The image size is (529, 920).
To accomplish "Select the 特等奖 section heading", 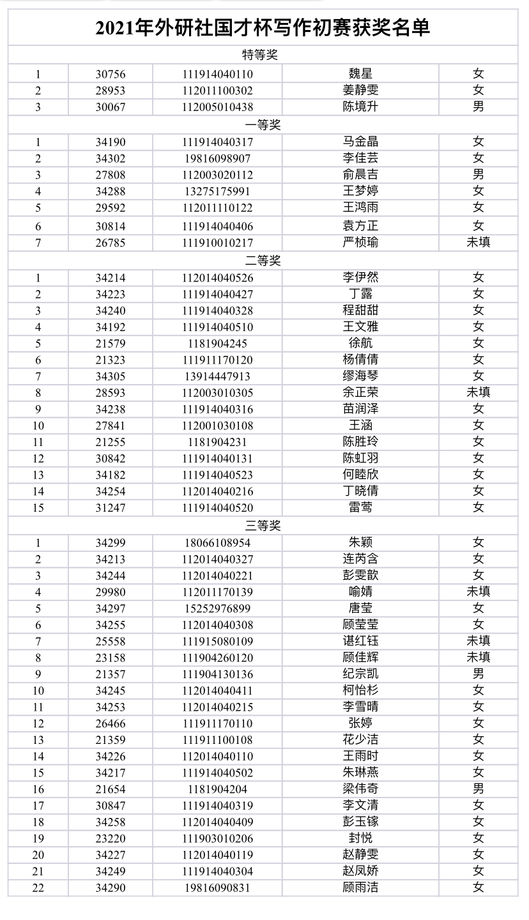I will point(263,56).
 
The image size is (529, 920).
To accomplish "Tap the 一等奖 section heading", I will point(263,125).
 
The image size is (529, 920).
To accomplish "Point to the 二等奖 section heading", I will point(263,260).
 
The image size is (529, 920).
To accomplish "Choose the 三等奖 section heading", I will point(263,526).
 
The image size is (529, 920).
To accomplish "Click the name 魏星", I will point(360,74).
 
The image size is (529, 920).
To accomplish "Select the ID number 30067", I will point(111,107).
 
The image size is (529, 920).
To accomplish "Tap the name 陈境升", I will point(360,107).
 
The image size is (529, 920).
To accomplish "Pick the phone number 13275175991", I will point(217,191).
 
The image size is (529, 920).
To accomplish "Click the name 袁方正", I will point(360,225).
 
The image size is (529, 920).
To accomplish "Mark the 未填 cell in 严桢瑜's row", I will point(479,242).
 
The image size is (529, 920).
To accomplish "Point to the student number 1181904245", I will point(217,343).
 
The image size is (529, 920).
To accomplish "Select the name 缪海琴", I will point(360,376).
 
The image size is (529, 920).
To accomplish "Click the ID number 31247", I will point(111,508).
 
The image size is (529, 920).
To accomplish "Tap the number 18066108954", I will point(217,543).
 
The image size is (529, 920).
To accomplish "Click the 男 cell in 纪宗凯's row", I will point(479,674).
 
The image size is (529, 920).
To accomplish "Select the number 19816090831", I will point(217,887).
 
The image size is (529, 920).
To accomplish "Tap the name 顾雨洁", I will point(360,887).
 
